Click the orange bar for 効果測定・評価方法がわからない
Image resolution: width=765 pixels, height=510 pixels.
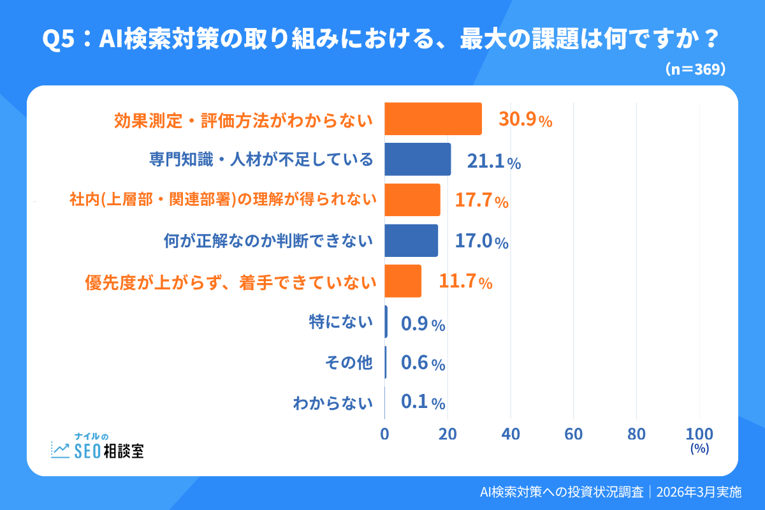(x=433, y=119)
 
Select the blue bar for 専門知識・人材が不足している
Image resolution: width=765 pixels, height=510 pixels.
(x=418, y=159)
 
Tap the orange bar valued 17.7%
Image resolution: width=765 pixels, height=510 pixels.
(x=412, y=200)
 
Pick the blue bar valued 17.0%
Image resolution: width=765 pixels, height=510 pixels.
(x=411, y=240)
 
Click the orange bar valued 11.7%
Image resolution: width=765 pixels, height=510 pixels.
(x=403, y=281)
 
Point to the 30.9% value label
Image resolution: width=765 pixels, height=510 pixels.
(x=525, y=120)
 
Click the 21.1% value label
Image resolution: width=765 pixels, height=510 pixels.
(x=494, y=161)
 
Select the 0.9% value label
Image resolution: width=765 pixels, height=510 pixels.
(x=423, y=324)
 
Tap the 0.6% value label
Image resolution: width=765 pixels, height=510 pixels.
(x=423, y=363)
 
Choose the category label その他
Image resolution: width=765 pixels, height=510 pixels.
(x=348, y=363)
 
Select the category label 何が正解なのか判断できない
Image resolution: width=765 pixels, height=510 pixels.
(x=268, y=241)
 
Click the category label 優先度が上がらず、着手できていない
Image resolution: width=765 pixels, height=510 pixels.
(x=229, y=282)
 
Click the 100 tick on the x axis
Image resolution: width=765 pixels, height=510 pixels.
(x=699, y=434)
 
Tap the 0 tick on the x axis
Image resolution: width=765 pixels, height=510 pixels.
(x=384, y=434)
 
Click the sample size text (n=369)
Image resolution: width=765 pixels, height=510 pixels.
(x=696, y=69)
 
